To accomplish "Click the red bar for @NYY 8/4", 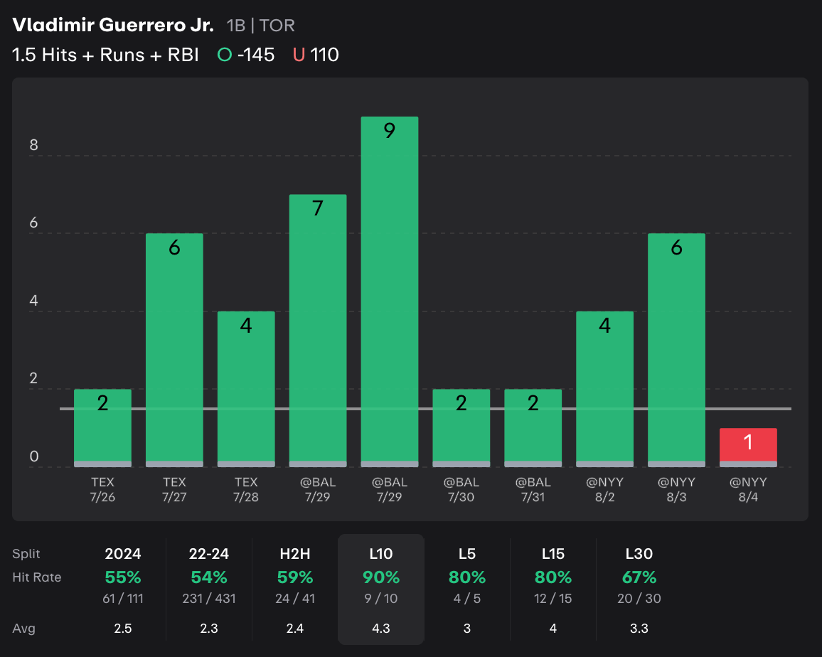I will [747, 447].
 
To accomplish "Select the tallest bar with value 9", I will [389, 292].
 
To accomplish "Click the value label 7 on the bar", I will [317, 208].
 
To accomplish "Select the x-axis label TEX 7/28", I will [245, 489].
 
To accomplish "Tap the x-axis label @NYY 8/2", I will [604, 489].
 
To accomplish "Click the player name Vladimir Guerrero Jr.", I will [112, 26].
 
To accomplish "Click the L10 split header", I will [381, 553].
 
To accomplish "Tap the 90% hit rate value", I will [381, 577].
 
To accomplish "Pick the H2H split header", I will [295, 553].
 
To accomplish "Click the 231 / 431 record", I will [209, 599].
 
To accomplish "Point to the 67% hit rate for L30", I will [639, 577].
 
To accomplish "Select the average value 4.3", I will [381, 629].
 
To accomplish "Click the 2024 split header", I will [123, 553].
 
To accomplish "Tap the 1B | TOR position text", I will [260, 26].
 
